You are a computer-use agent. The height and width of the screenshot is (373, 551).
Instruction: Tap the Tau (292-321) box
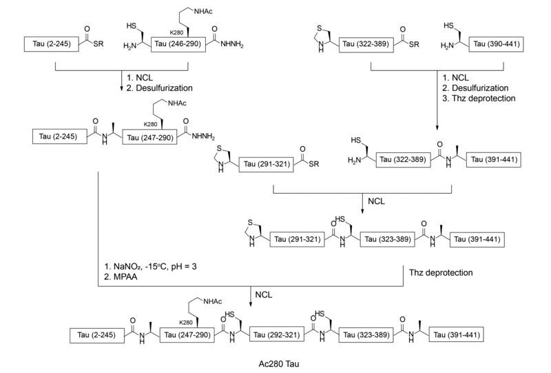coord(280,335)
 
